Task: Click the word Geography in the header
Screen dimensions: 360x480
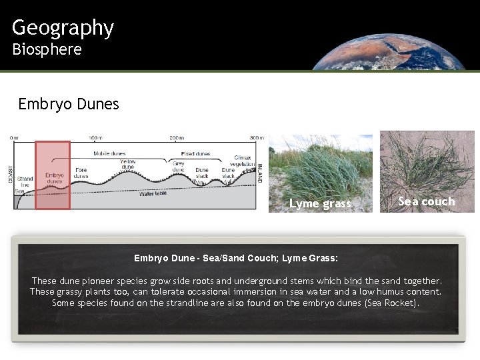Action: click(x=63, y=27)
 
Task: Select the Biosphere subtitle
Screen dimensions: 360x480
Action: click(x=47, y=49)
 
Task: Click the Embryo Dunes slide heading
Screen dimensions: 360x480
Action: click(x=69, y=104)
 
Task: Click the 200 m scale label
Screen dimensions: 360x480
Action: click(x=176, y=138)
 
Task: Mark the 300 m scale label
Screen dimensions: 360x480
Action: click(x=257, y=138)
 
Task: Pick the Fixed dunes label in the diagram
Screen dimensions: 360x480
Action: click(x=195, y=153)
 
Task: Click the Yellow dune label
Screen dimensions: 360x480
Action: click(x=128, y=165)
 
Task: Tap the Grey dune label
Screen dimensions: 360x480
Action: click(x=179, y=167)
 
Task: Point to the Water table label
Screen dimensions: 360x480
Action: click(x=153, y=194)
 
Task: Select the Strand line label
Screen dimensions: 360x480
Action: click(x=25, y=181)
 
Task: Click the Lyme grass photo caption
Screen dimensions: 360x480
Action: click(x=320, y=203)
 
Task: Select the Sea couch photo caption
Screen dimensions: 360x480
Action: click(x=427, y=201)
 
